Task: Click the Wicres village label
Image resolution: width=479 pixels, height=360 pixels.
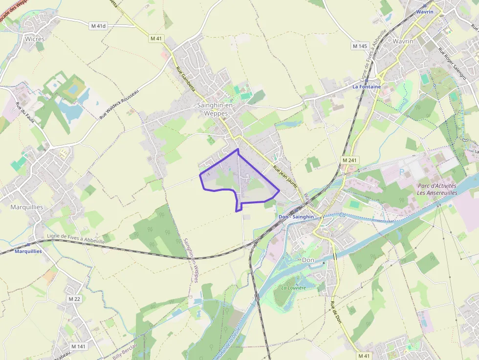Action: tap(35, 39)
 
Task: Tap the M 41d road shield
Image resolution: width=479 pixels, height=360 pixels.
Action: tap(98, 26)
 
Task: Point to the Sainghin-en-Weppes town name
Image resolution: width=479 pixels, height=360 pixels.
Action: tap(216, 109)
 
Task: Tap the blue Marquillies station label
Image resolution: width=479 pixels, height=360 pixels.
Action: tap(28, 251)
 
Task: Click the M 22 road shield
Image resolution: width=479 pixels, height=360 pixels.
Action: tap(74, 298)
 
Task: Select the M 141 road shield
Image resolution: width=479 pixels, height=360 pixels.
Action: tap(78, 346)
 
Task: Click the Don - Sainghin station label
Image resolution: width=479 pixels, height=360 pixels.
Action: tap(296, 216)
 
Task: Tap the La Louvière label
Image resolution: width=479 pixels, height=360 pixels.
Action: tap(293, 288)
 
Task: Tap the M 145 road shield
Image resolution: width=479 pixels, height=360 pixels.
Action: tap(359, 46)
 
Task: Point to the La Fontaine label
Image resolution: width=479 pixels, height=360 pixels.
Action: tap(367, 86)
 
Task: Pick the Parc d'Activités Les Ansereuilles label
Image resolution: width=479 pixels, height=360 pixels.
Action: tap(436, 189)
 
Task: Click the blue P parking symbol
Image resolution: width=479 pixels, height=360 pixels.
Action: tap(402, 171)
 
